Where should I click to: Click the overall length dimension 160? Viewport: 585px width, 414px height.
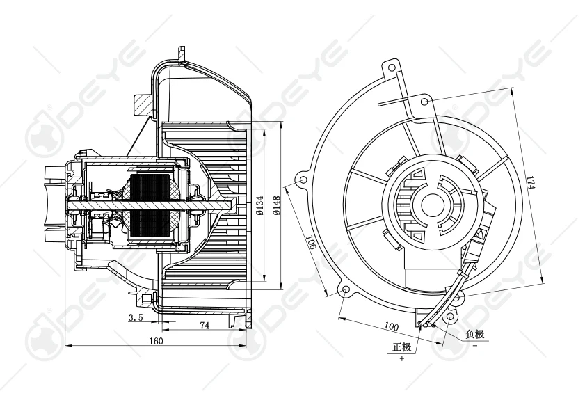[x=155, y=340]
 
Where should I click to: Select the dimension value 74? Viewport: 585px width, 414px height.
[x=205, y=325]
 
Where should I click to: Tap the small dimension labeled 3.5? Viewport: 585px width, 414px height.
[x=136, y=317]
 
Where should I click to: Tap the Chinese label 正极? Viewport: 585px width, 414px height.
[x=402, y=347]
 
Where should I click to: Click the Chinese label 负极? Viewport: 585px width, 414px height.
[x=474, y=334]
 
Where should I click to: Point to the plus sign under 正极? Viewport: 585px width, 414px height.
[x=402, y=358]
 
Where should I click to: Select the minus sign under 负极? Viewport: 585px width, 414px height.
[x=474, y=345]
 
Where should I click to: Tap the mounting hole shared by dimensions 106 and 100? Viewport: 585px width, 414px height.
[x=346, y=291]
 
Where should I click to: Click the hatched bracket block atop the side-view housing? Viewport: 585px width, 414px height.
[x=141, y=104]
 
